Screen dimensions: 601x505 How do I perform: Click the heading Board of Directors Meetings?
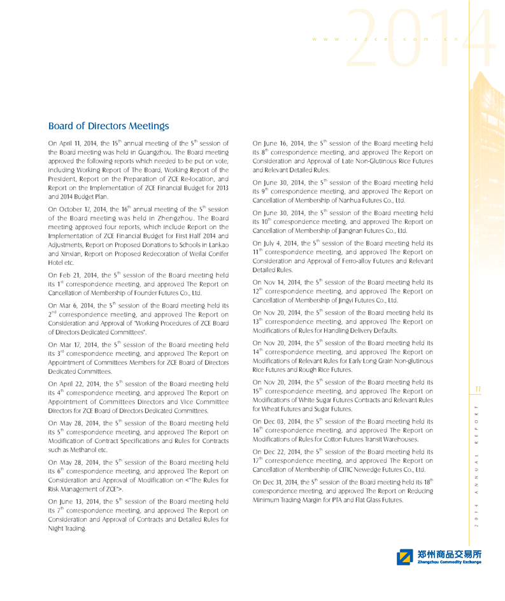click(108, 126)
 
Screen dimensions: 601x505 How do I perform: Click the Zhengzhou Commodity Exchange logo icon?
click(404, 558)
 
